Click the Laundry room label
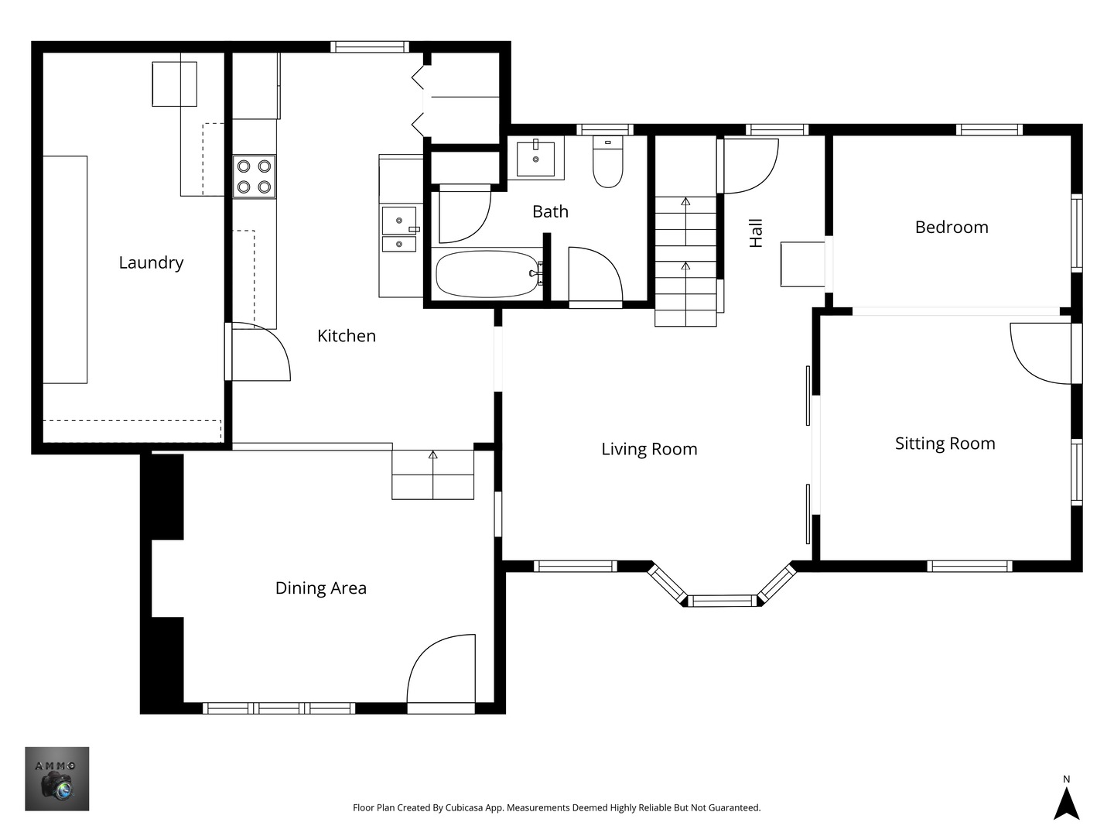click(151, 262)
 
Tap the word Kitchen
click(347, 336)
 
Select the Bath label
click(550, 211)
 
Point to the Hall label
click(756, 233)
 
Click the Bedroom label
click(951, 227)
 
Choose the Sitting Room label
click(945, 444)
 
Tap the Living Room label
click(649, 449)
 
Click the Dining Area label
click(320, 588)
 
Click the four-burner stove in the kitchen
click(255, 176)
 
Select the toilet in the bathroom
click(607, 163)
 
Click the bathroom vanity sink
click(535, 158)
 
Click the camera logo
click(57, 779)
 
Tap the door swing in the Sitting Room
click(1041, 352)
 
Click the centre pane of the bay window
click(723, 601)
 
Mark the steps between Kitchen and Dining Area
click(432, 474)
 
